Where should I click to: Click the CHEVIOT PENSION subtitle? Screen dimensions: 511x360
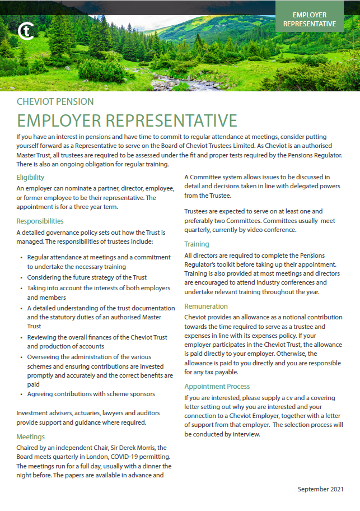tap(55, 102)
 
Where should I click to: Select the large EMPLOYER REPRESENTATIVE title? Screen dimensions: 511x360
tap(127, 120)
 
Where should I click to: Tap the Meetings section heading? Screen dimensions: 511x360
tap(31, 436)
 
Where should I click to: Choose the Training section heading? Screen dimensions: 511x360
tap(197, 244)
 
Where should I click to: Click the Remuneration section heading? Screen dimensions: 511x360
tap(206, 306)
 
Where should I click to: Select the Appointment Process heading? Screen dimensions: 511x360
tap(217, 386)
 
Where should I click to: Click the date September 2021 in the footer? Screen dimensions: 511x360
tap(320, 489)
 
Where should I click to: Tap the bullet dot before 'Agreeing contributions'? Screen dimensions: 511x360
tap(21, 394)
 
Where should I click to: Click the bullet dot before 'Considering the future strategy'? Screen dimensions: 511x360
tap(21, 277)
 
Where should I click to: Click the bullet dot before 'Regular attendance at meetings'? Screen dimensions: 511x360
tap(21, 257)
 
